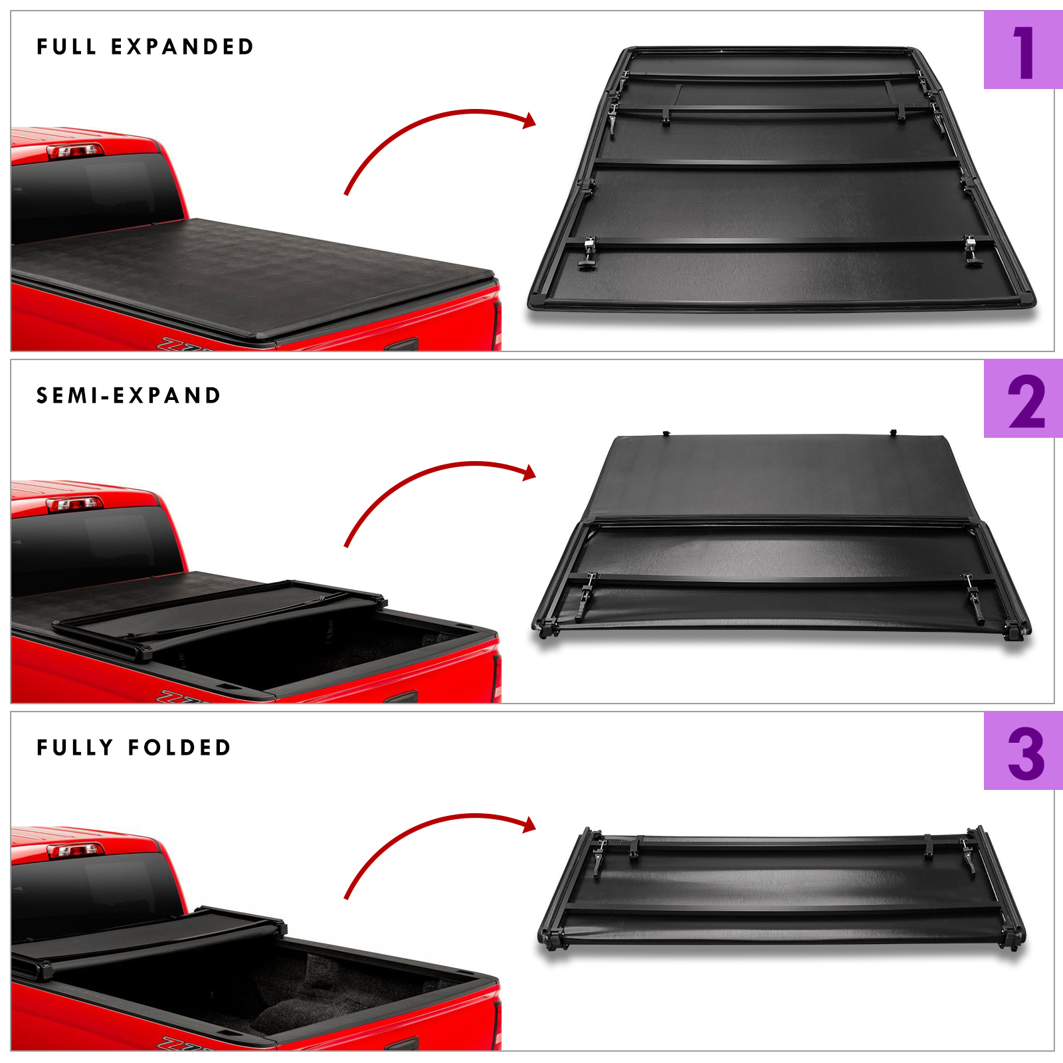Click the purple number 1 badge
coord(1023,50)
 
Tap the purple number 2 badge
coord(1023,399)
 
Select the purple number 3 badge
coord(1023,751)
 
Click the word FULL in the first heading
coord(67,47)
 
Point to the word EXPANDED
coord(182,47)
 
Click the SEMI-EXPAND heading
coord(128,395)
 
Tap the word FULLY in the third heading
coord(75,747)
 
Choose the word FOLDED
coord(179,747)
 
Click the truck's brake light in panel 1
coord(75,151)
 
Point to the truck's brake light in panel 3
coord(75,850)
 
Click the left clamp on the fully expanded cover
coord(588,252)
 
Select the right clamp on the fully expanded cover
coord(972,250)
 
